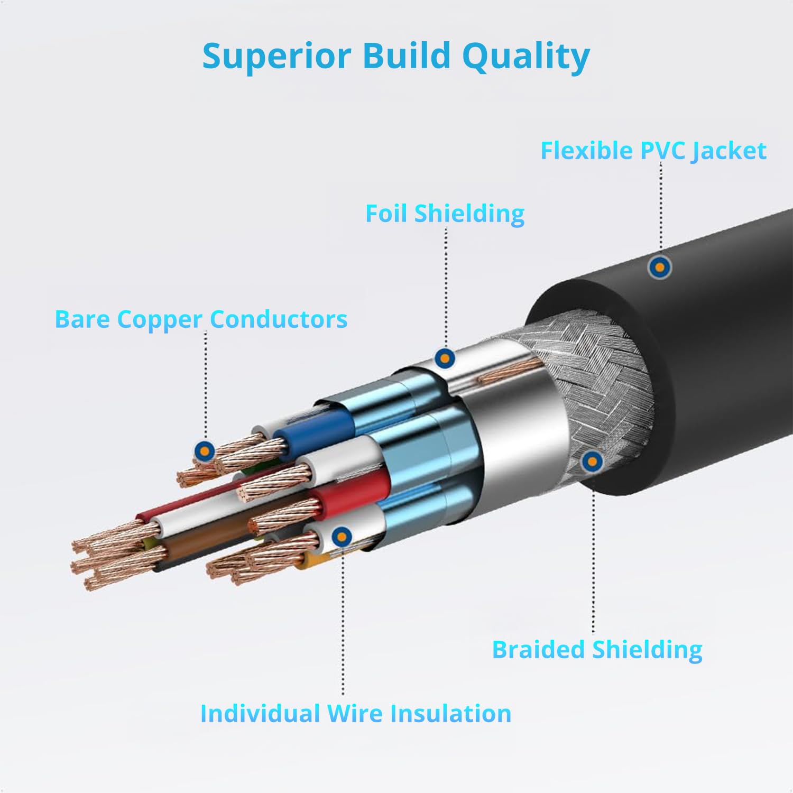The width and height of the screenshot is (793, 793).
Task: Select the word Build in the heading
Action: click(406, 56)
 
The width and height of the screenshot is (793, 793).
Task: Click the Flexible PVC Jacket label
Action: click(653, 151)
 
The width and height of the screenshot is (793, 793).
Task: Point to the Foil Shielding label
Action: click(445, 214)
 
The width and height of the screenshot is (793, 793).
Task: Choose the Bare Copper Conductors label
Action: click(201, 319)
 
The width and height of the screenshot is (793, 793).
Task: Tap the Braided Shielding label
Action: click(597, 650)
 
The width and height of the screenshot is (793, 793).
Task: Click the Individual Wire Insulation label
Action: click(355, 713)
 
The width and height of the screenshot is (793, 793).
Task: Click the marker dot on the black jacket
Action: click(659, 267)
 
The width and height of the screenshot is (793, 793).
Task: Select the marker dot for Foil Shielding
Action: click(445, 358)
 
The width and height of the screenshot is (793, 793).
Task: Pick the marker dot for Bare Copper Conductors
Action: click(205, 451)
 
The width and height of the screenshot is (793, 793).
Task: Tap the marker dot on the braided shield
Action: click(592, 462)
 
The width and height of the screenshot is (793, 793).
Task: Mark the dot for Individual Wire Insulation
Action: click(343, 537)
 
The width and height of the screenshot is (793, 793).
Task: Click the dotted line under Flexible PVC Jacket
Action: click(661, 206)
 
